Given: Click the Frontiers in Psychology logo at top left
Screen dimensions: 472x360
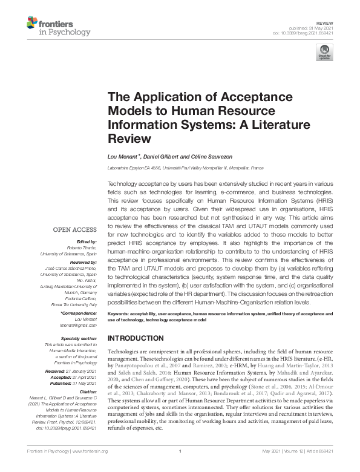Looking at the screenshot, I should pos(58,26).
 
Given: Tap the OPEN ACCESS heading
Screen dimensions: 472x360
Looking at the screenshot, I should pos(75,229).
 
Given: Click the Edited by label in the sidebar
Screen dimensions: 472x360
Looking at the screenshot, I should pos(85,240).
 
